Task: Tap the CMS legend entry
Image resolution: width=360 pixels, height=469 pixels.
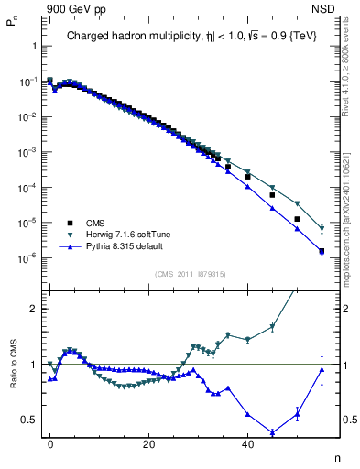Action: (x=95, y=223)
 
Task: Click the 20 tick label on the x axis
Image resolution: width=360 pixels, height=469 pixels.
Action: (x=148, y=443)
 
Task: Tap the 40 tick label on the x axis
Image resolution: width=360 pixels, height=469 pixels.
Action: (x=247, y=443)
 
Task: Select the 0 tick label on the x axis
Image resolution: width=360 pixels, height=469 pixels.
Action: (x=50, y=443)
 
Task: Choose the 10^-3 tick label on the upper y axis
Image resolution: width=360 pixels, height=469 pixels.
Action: (x=28, y=152)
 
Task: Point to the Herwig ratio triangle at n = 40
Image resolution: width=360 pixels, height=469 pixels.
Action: (x=247, y=340)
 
